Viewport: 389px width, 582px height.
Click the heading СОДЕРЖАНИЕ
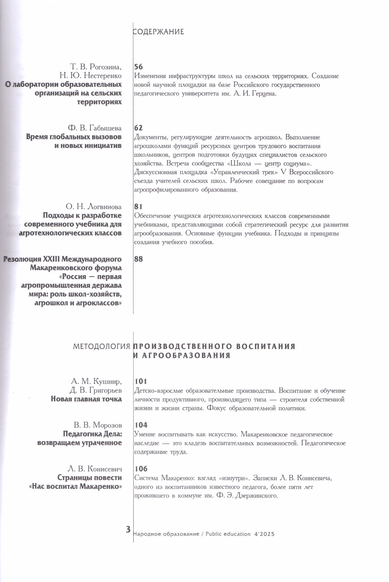coord(158,32)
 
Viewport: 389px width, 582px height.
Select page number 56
coord(138,67)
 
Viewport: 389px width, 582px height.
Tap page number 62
coord(138,128)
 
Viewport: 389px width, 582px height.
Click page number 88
coord(138,259)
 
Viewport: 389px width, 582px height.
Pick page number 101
coord(141,381)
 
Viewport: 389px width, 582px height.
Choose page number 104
coord(141,425)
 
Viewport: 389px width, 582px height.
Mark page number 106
coord(141,469)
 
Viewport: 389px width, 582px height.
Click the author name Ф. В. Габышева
coord(94,128)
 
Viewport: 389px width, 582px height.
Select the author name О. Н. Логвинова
coord(94,207)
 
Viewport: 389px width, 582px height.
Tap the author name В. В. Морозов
coord(98,425)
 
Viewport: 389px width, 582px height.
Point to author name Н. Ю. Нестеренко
coord(91,76)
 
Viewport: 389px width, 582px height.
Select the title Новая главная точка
coord(86,399)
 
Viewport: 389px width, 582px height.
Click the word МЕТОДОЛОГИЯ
coord(101,346)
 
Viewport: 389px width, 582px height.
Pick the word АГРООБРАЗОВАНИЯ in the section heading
coord(186,355)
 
